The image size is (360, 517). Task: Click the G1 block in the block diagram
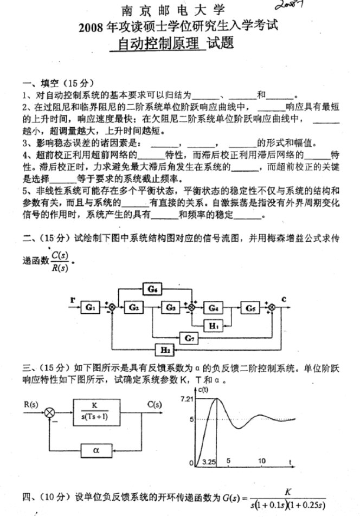click(90, 307)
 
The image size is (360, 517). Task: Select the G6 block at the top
click(152, 289)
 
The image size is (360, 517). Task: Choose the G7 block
click(189, 338)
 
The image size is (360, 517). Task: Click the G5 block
click(250, 307)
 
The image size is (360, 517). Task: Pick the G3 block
click(171, 307)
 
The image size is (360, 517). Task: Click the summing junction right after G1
click(112, 308)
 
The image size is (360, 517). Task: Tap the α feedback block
click(95, 449)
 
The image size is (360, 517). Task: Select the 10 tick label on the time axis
click(262, 461)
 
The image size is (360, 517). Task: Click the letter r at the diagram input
click(72, 300)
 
